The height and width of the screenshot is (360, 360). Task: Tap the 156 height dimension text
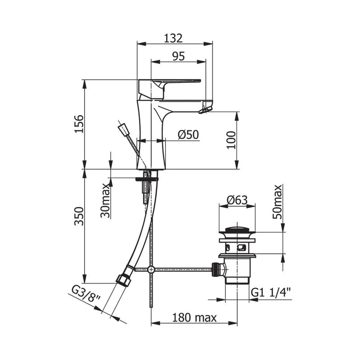coord(78,124)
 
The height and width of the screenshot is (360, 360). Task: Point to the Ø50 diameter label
coord(188,134)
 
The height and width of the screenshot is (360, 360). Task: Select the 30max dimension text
coord(105,201)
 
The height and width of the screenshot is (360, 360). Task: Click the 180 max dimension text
coord(193,318)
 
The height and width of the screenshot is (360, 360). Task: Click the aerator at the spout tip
coord(207,108)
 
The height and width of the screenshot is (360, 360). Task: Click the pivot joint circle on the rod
coord(151,270)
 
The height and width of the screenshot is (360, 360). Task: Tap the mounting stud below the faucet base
coord(145,187)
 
